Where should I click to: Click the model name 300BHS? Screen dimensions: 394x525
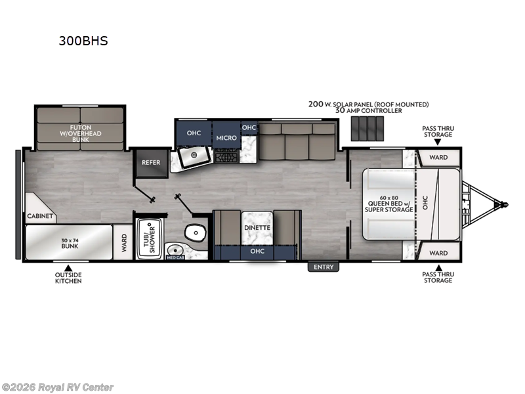(x=82, y=41)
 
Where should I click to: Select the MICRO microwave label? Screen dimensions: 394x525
(x=226, y=138)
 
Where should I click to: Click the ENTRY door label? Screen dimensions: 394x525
(x=324, y=267)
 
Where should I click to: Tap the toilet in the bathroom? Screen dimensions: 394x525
(x=195, y=232)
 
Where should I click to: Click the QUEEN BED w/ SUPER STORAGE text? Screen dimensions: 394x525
(x=389, y=205)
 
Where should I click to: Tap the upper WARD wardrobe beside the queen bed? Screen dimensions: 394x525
(x=438, y=158)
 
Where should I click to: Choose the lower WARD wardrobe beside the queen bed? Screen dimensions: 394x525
(x=438, y=253)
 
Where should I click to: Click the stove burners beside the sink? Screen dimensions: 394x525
(x=226, y=156)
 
